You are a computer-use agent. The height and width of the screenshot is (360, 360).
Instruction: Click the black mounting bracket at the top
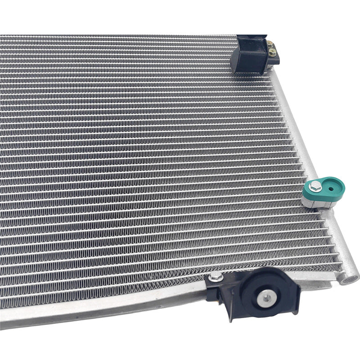250,56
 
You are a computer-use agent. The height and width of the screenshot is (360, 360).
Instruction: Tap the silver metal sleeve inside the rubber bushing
266,297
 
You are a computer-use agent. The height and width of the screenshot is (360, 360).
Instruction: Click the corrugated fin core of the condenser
135,157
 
